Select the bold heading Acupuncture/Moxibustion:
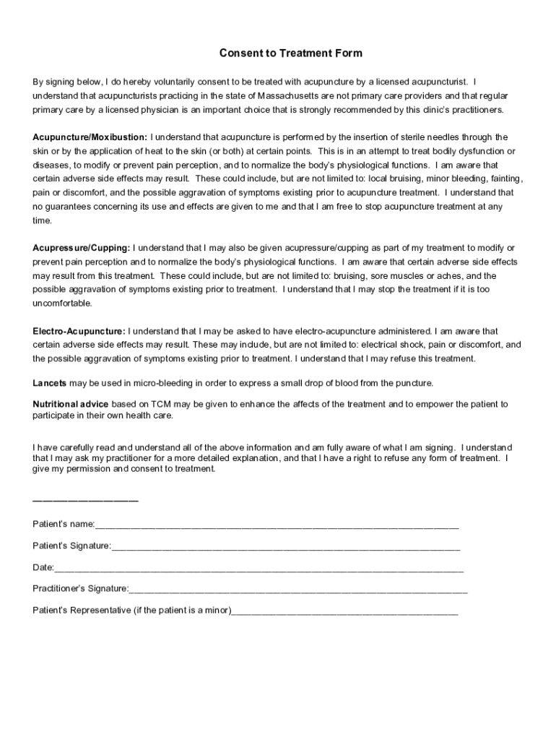click(90, 137)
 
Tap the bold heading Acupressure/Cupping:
click(82, 249)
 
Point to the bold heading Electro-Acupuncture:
click(79, 331)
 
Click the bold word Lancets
click(49, 383)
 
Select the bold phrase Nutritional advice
click(71, 404)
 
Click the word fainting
click(505, 178)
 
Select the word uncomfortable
click(62, 304)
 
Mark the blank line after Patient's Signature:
click(285, 547)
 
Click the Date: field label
click(43, 568)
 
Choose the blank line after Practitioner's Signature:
click(298, 589)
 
